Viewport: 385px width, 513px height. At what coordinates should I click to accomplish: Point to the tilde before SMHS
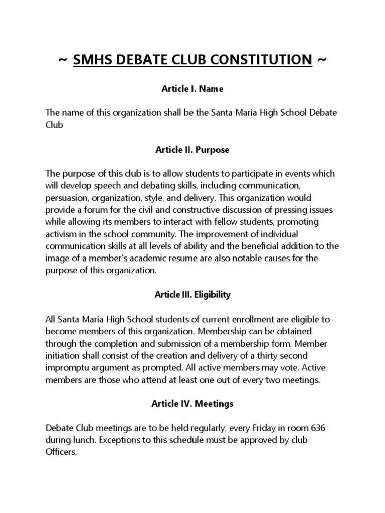coord(63,60)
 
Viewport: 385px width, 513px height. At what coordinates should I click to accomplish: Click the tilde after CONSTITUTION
coord(322,60)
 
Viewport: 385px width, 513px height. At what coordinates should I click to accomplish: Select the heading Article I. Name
coord(192,89)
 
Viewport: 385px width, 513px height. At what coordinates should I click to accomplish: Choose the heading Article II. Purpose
coord(192,150)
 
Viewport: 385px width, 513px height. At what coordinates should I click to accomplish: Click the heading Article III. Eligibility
coord(192,295)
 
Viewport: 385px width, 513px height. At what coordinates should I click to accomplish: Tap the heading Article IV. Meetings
coord(192,403)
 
